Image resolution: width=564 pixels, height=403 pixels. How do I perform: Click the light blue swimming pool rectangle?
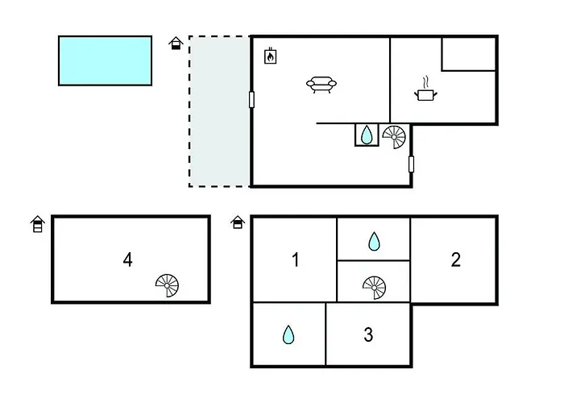tap(105, 60)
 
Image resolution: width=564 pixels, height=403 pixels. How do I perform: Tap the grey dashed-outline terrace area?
tap(219, 111)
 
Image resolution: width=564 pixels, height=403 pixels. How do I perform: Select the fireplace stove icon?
tap(272, 56)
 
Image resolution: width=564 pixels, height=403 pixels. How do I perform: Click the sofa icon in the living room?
tap(321, 84)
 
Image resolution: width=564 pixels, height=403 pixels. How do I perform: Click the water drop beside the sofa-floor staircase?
tap(367, 135)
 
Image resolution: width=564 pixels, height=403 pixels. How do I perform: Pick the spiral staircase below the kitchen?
tap(395, 137)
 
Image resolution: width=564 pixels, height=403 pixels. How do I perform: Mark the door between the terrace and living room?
tap(251, 100)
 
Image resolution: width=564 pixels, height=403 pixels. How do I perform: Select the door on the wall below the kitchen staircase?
tap(411, 164)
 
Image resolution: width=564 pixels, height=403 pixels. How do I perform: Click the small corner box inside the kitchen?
tap(468, 53)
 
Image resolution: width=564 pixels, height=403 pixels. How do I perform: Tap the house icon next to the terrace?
tap(176, 43)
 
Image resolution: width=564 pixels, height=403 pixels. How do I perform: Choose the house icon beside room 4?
tap(37, 224)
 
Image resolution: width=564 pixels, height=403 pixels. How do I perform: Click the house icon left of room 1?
tap(238, 222)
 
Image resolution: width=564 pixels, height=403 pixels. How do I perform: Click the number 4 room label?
tap(128, 260)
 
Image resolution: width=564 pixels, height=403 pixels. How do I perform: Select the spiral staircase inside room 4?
tap(168, 285)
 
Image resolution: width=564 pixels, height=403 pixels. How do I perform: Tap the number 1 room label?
tap(296, 260)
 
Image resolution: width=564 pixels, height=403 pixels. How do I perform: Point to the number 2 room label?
tap(456, 260)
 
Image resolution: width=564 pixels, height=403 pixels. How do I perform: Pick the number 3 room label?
tap(368, 334)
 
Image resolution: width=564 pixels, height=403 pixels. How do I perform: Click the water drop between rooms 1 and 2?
tap(374, 241)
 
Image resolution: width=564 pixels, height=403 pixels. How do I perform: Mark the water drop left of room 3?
tap(288, 334)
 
